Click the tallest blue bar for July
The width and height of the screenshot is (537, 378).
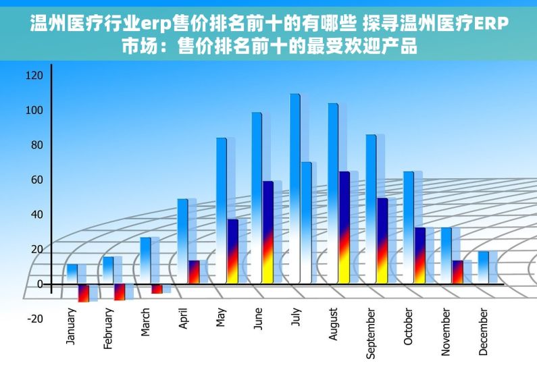pyautogui.click(x=295, y=189)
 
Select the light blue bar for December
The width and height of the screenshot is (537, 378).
pyautogui.click(x=483, y=267)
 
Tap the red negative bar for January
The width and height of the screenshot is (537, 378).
pyautogui.click(x=83, y=293)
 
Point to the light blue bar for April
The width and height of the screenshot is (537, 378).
pyautogui.click(x=182, y=240)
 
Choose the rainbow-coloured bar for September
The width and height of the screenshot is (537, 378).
pyautogui.click(x=382, y=240)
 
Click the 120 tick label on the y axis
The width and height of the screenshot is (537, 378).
pyautogui.click(x=34, y=75)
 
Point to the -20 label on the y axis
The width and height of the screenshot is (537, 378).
pyautogui.click(x=34, y=319)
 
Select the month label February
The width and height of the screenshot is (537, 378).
pyautogui.click(x=108, y=329)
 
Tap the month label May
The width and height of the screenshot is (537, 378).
pyautogui.click(x=221, y=318)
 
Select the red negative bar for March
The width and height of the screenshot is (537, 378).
pyautogui.click(x=157, y=289)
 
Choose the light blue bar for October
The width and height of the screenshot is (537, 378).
pyautogui.click(x=408, y=226)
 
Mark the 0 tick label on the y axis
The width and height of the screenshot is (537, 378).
pyautogui.click(x=39, y=284)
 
